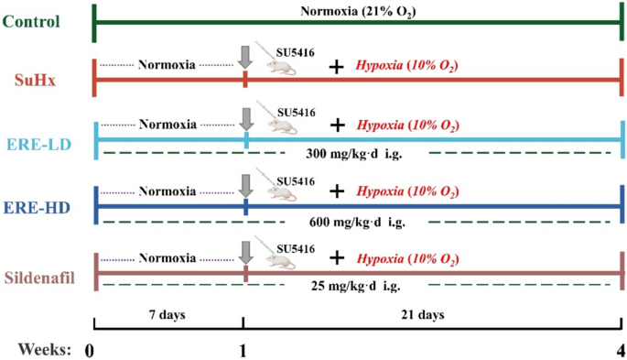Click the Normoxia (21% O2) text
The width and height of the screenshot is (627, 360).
(x=357, y=12)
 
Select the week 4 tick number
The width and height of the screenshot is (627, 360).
(x=622, y=349)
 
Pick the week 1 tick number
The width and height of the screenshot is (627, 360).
(x=243, y=349)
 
